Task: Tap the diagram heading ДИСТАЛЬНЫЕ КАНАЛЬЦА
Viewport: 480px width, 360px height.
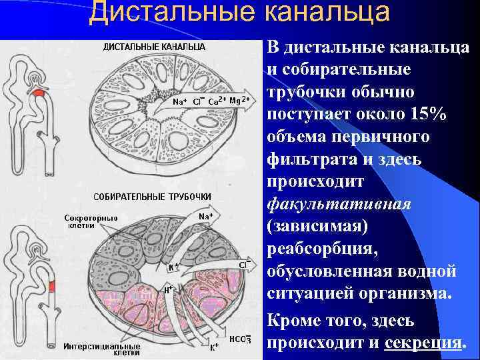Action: point(153,47)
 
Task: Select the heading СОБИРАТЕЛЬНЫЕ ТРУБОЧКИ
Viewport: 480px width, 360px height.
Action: point(153,197)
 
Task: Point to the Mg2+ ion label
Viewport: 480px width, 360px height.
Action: point(239,100)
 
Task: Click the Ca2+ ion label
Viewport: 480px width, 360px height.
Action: point(217,101)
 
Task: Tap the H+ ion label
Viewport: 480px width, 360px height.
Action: point(169,289)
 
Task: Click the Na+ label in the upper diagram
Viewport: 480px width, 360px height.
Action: point(179,102)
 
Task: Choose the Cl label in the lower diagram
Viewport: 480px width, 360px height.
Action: point(245,265)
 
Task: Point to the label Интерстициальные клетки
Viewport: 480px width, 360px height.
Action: point(102,349)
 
